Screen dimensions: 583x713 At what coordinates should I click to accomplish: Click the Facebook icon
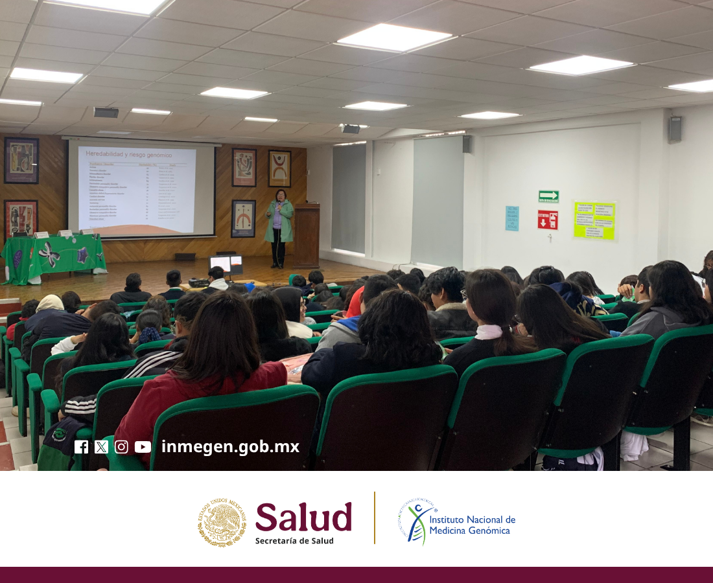click(x=81, y=447)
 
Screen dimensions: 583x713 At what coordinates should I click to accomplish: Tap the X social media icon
click(x=101, y=447)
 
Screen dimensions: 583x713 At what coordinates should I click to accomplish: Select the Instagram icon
click(x=121, y=447)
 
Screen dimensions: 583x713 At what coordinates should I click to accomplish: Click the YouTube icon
click(x=143, y=447)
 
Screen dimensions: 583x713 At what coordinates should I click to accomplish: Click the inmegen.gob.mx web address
click(x=230, y=446)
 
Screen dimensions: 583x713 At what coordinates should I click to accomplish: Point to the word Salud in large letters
click(x=303, y=517)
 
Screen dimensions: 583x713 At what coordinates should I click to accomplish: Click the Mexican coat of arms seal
click(x=222, y=522)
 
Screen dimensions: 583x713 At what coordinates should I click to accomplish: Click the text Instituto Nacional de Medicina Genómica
click(x=472, y=525)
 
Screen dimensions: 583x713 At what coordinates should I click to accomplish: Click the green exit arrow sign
click(x=548, y=196)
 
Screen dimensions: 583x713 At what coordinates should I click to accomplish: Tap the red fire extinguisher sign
click(x=548, y=220)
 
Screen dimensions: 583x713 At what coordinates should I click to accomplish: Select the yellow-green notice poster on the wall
click(x=594, y=220)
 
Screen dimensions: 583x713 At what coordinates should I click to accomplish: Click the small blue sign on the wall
click(x=512, y=218)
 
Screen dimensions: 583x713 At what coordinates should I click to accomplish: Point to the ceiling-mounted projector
click(x=351, y=128)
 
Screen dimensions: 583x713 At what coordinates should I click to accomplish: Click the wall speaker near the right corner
click(x=675, y=129)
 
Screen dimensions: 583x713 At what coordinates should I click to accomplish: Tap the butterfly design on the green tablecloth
click(x=49, y=255)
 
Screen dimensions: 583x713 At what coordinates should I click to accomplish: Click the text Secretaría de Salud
click(x=294, y=541)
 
